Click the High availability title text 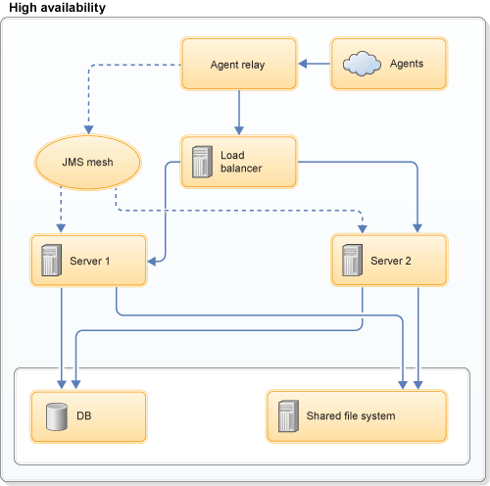click(58, 8)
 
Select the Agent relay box click(238, 65)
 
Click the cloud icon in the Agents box click(362, 65)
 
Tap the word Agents click(407, 65)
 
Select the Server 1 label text click(90, 261)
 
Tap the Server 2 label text click(391, 261)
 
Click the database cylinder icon click(54, 416)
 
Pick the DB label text click(84, 416)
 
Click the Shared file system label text click(351, 416)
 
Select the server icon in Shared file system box click(287, 416)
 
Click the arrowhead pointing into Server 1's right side click(153, 262)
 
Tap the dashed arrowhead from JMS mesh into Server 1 click(61, 228)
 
